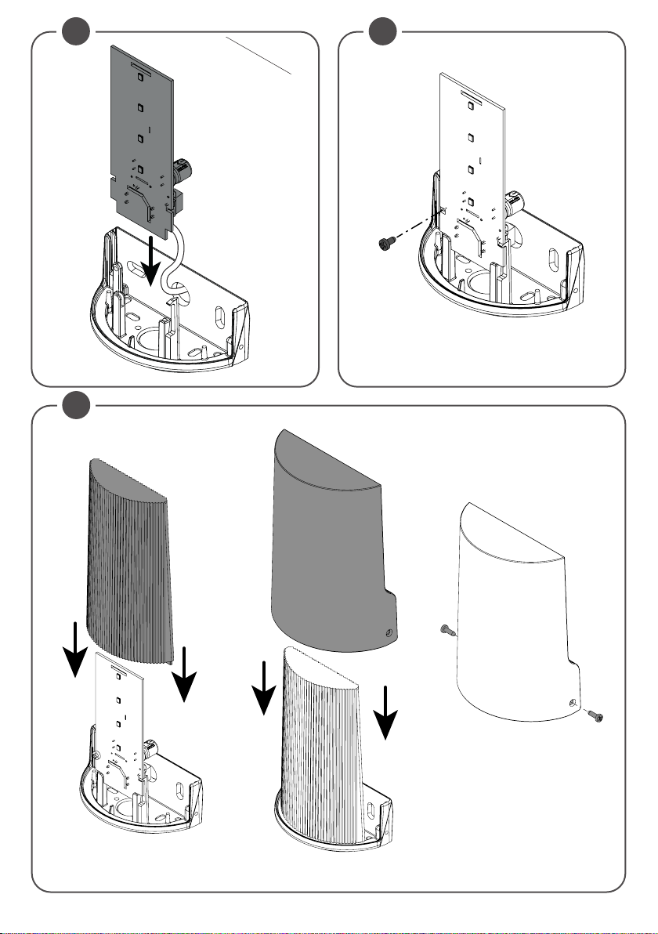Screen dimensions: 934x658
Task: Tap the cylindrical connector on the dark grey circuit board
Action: click(x=183, y=168)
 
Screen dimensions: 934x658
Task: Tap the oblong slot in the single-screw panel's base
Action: click(x=554, y=260)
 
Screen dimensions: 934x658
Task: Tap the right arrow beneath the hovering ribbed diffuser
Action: click(x=185, y=674)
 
